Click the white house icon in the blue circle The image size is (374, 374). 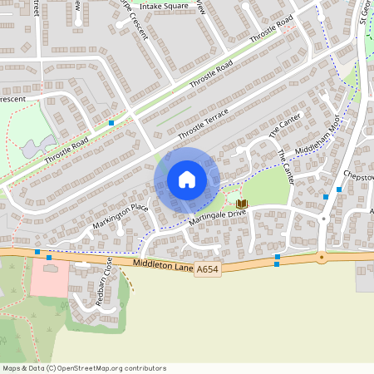tap(186, 179)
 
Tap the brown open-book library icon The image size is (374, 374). tap(242, 204)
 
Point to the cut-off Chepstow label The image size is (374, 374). tap(360, 177)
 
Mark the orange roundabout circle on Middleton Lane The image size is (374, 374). tap(321, 257)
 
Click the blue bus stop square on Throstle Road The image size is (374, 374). tap(111, 123)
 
